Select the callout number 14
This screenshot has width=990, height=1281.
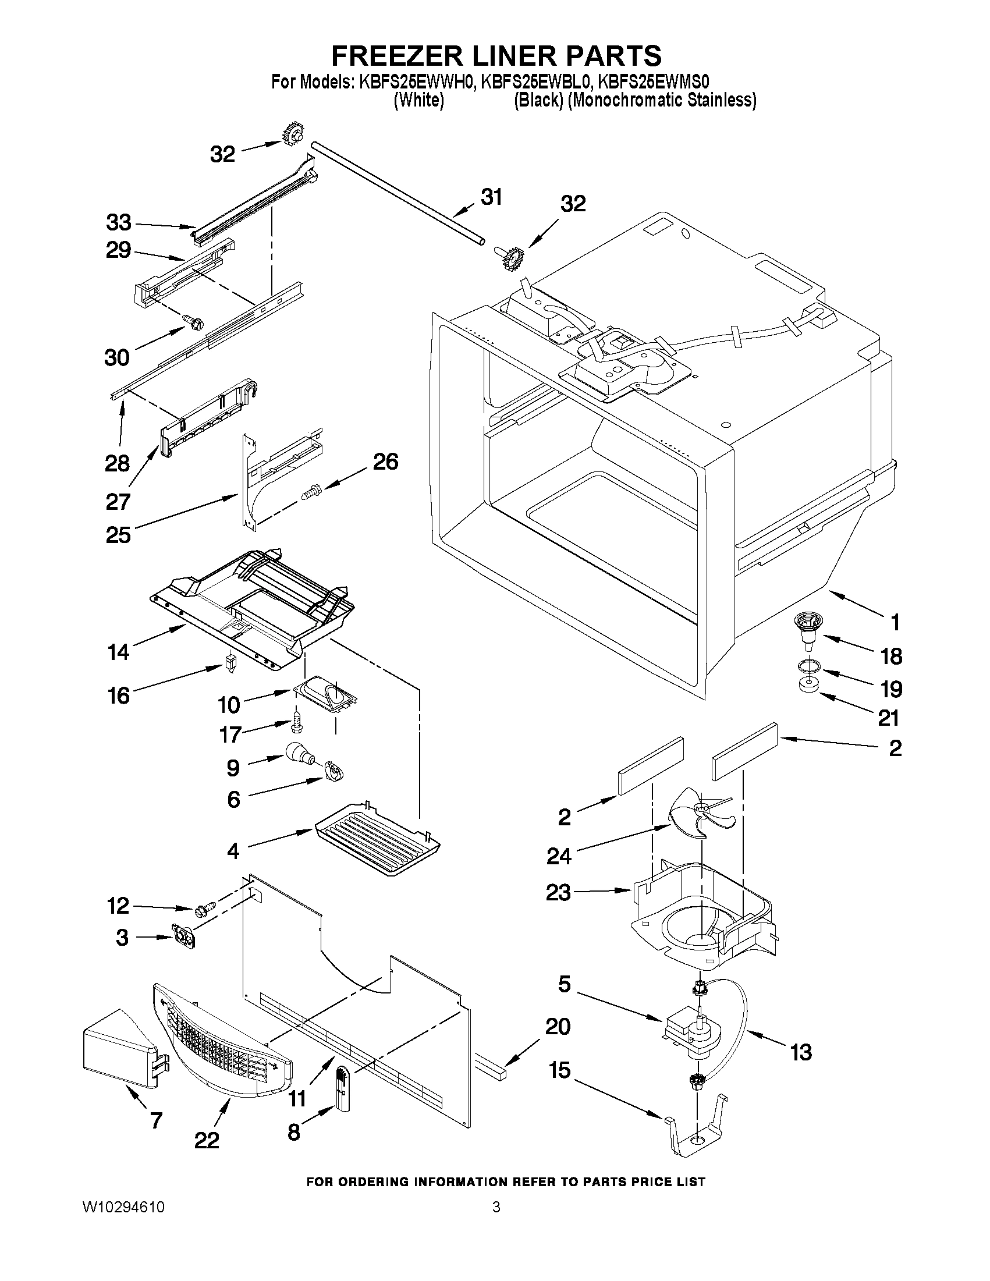pyautogui.click(x=119, y=652)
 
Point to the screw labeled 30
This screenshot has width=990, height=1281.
pyautogui.click(x=193, y=321)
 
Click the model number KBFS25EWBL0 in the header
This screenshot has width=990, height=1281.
pyautogui.click(x=536, y=82)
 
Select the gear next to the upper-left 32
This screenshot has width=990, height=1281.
pyautogui.click(x=292, y=137)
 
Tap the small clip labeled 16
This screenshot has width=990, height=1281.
pyautogui.click(x=230, y=663)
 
